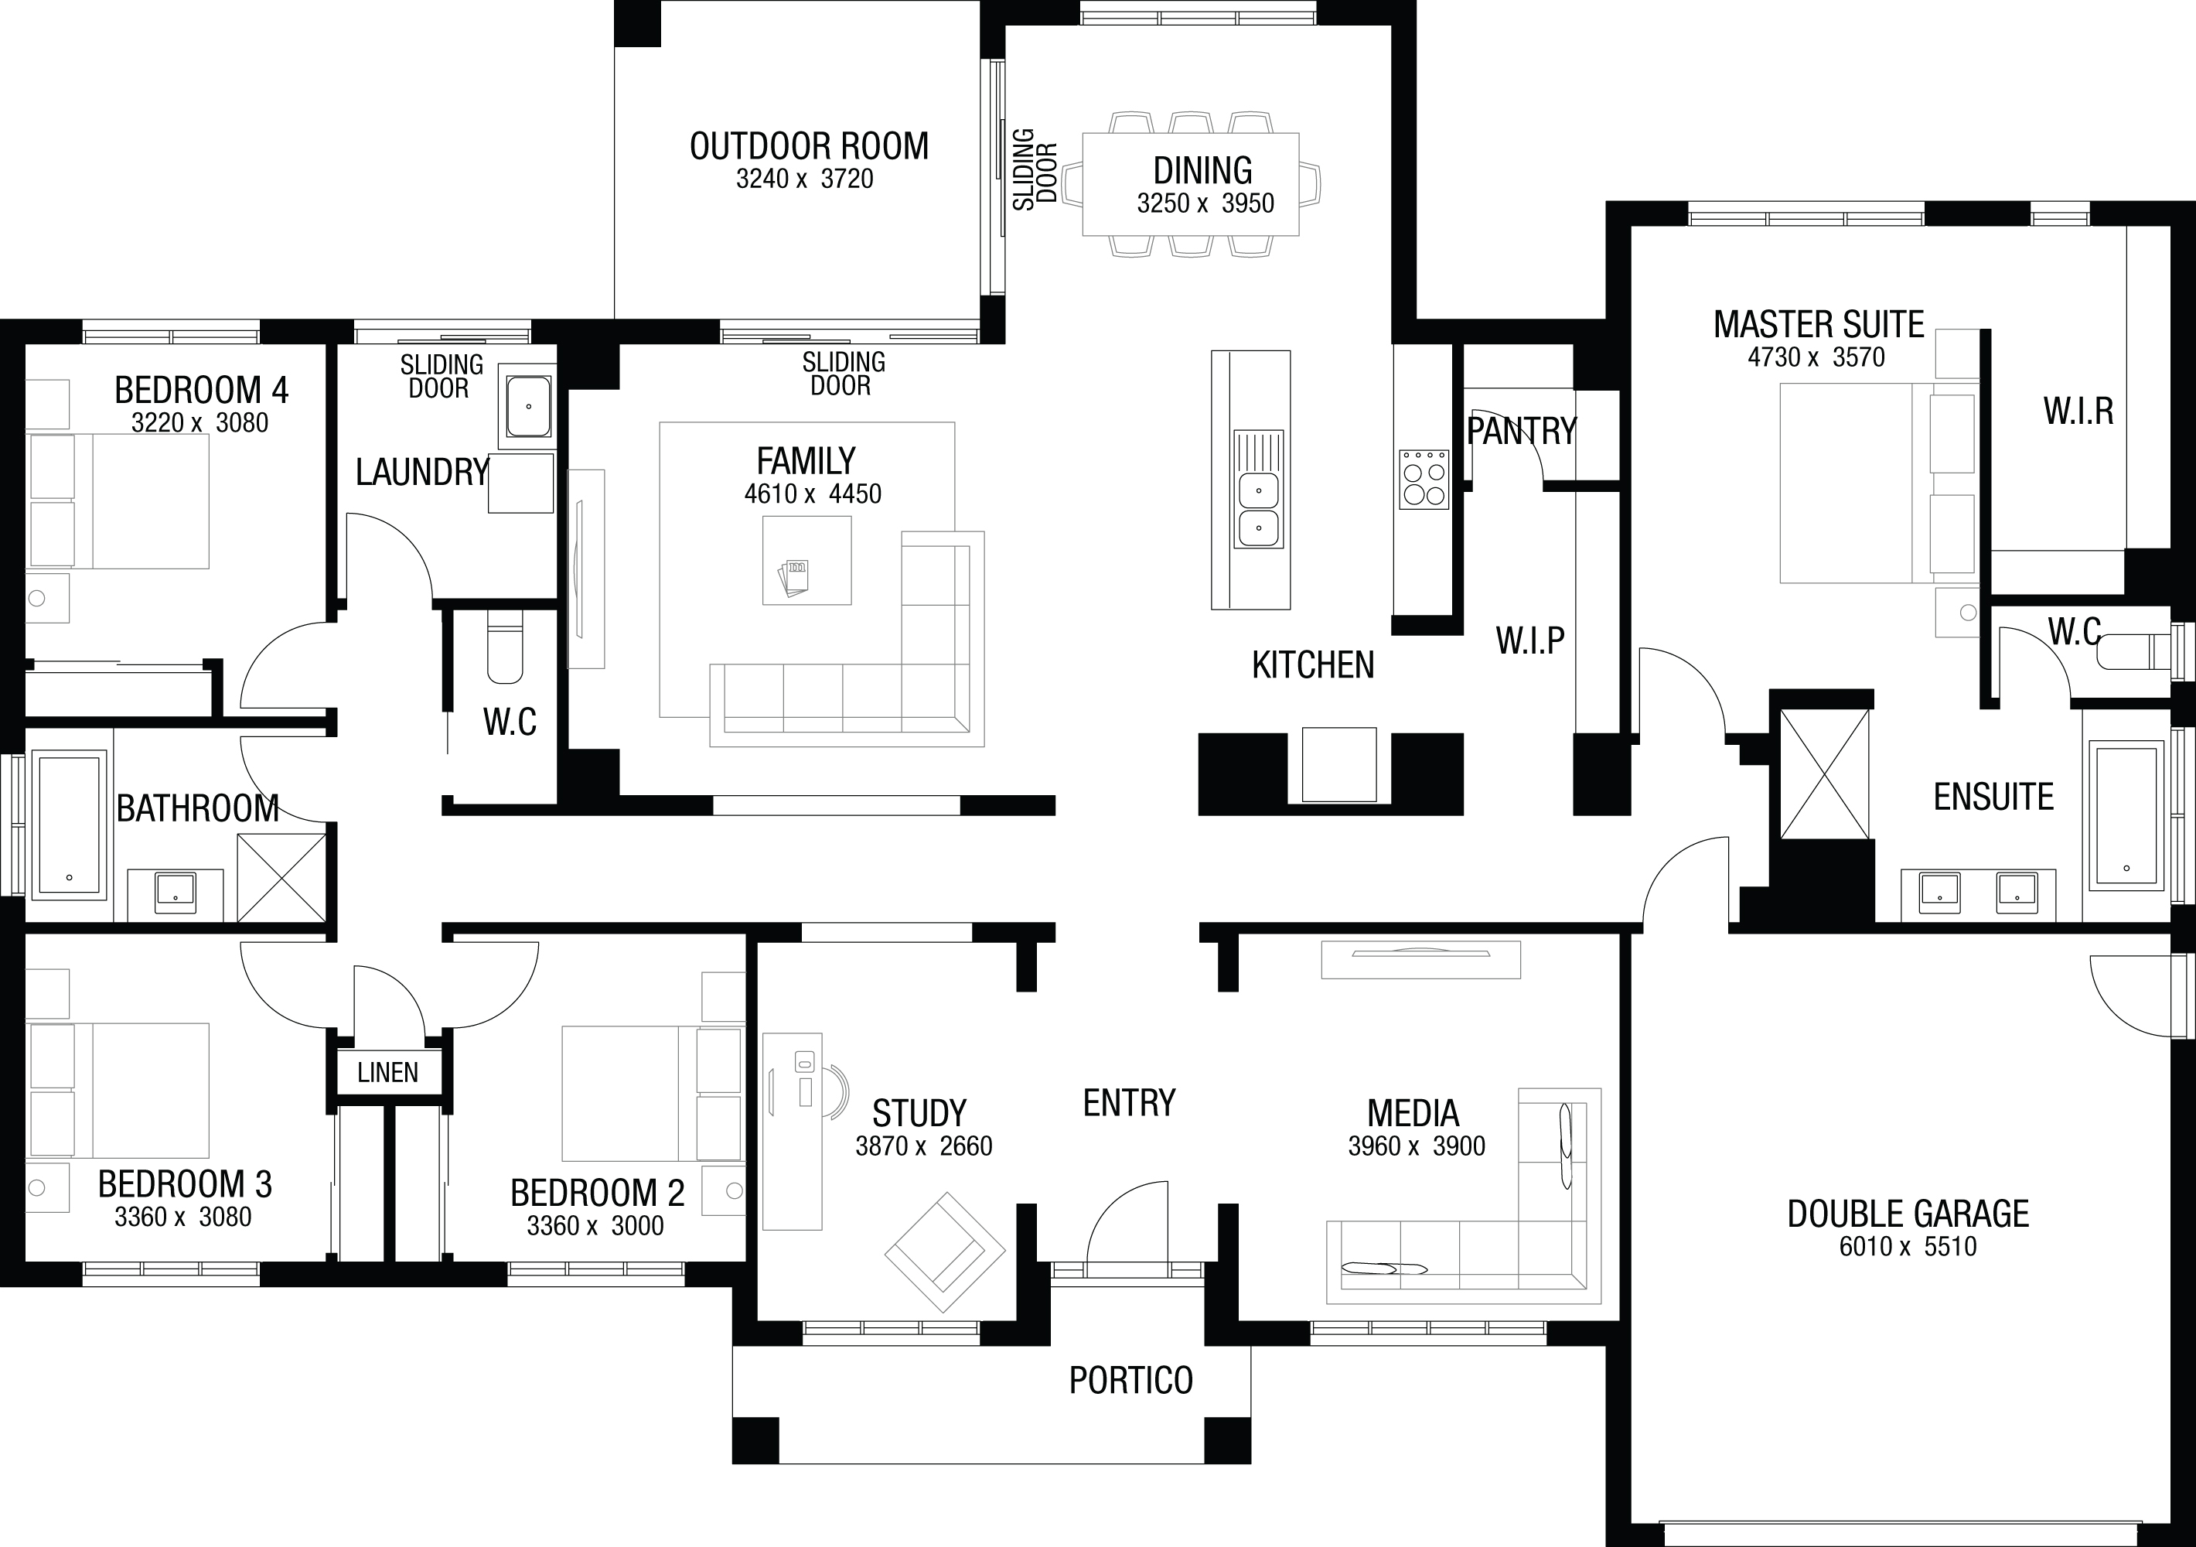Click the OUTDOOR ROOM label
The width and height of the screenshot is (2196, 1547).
click(x=809, y=146)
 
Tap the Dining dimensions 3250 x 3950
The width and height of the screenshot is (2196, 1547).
click(x=1205, y=203)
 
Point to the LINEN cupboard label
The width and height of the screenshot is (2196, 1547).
click(x=387, y=1073)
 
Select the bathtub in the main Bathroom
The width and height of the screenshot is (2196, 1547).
click(x=69, y=825)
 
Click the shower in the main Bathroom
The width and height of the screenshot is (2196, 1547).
click(x=281, y=877)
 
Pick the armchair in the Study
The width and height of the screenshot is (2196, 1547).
click(x=945, y=1252)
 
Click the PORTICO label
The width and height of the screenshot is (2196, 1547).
click(x=1130, y=1381)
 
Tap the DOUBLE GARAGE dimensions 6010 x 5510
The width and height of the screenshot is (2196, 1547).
click(x=1908, y=1247)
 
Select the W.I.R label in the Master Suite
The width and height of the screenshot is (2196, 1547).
click(x=2078, y=412)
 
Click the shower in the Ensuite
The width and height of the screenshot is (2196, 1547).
click(x=1824, y=774)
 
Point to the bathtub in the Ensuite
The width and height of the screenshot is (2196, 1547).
click(x=2126, y=814)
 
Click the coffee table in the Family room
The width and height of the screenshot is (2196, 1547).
click(x=806, y=561)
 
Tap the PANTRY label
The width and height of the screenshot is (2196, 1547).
click(x=1522, y=432)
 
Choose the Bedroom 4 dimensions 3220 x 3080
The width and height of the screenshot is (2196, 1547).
click(x=200, y=423)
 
